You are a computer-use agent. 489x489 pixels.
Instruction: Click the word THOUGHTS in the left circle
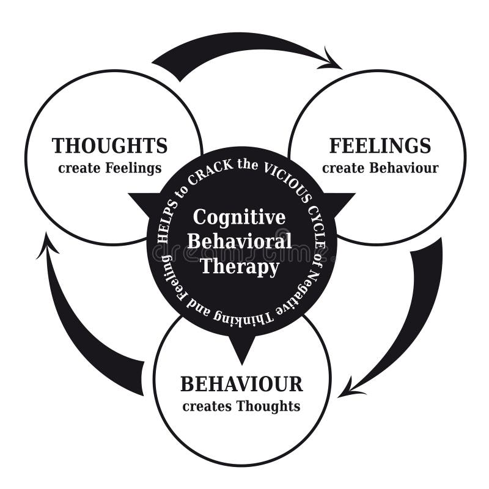point(109,146)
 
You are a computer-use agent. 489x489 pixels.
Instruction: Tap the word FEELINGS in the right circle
point(380,146)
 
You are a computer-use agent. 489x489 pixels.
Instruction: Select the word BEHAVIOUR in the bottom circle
point(241,384)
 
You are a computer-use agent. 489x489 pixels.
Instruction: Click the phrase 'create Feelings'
point(110,167)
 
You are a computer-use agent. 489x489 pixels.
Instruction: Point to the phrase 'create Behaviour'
point(380,167)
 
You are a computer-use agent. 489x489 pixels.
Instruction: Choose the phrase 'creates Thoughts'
point(241,406)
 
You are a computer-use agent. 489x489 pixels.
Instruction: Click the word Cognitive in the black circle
point(239,217)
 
